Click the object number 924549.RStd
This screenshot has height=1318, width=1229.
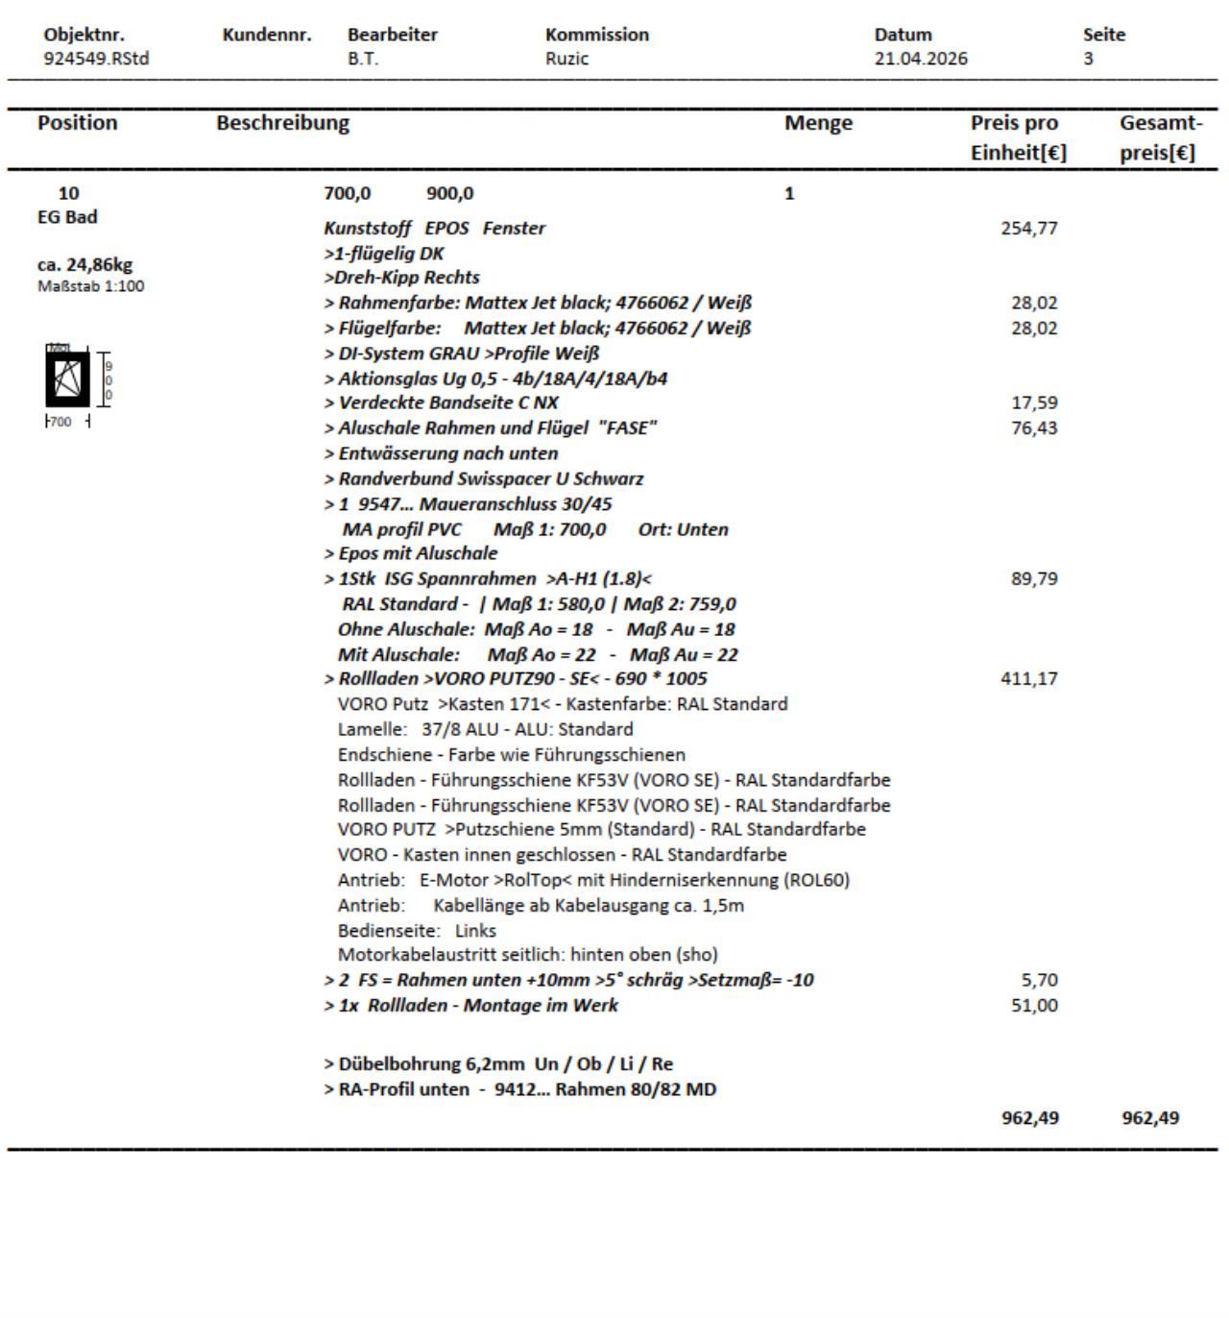pyautogui.click(x=96, y=59)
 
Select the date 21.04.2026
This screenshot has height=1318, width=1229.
pyautogui.click(x=920, y=59)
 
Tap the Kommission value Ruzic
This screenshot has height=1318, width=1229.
pyautogui.click(x=566, y=59)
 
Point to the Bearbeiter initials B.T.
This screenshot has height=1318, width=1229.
pyautogui.click(x=363, y=59)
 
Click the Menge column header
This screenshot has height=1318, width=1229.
pyautogui.click(x=818, y=123)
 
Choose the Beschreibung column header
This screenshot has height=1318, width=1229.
pyautogui.click(x=282, y=123)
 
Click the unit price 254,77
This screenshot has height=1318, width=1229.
pyautogui.click(x=1028, y=229)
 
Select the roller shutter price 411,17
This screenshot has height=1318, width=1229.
pyautogui.click(x=1028, y=679)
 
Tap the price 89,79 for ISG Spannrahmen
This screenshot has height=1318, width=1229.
pyautogui.click(x=1033, y=579)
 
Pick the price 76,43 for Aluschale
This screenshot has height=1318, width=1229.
pyautogui.click(x=1033, y=428)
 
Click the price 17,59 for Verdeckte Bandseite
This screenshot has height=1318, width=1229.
pyautogui.click(x=1033, y=403)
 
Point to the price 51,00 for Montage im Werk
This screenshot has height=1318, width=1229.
pyautogui.click(x=1033, y=1006)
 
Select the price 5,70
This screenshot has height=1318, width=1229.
pyautogui.click(x=1040, y=981)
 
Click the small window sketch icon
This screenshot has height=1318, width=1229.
pyautogui.click(x=68, y=378)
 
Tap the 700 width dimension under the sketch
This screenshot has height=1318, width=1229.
pyautogui.click(x=60, y=422)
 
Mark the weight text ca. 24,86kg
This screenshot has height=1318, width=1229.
pyautogui.click(x=84, y=264)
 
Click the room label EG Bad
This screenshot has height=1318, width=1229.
pyautogui.click(x=67, y=217)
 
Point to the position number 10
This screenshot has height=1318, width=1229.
pyautogui.click(x=69, y=194)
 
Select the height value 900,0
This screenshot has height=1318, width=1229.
pyautogui.click(x=449, y=194)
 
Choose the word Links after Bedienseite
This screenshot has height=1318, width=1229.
pyautogui.click(x=475, y=931)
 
